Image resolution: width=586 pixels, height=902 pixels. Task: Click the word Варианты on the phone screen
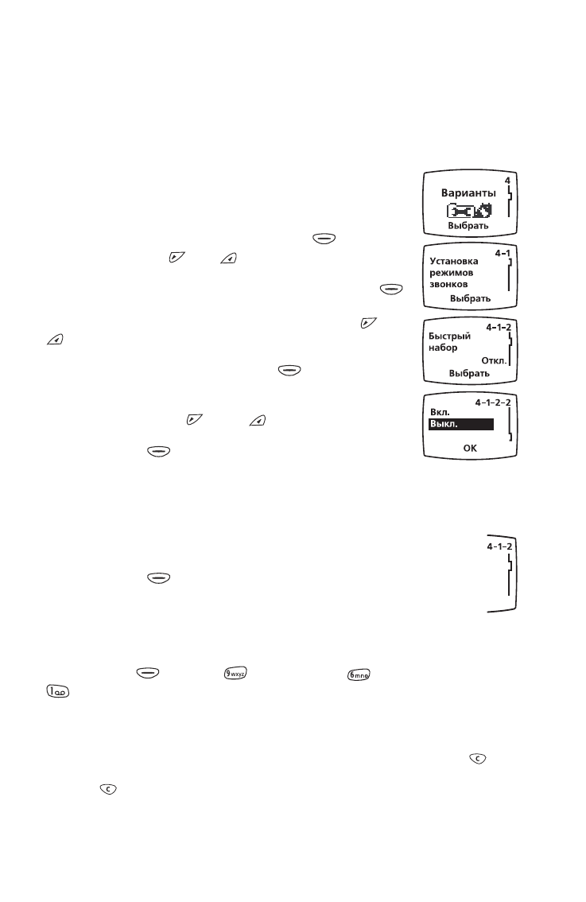pos(468,193)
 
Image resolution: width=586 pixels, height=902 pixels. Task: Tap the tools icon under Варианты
pos(470,211)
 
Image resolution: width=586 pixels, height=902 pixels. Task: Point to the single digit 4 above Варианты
pos(507,181)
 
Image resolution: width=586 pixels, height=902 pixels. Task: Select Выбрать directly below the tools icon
pos(468,226)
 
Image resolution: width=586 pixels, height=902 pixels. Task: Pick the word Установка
pos(453,260)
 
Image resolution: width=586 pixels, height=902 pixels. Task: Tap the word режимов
pos(451,272)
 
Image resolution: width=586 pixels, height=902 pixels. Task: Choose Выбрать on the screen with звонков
pos(470,299)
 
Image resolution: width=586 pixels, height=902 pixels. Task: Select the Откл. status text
pos(494,360)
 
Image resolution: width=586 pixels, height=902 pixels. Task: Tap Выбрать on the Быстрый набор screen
pos(469,373)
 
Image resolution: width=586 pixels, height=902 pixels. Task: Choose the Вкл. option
pos(440,414)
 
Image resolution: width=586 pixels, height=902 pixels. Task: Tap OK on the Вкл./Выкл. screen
pos(470,449)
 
